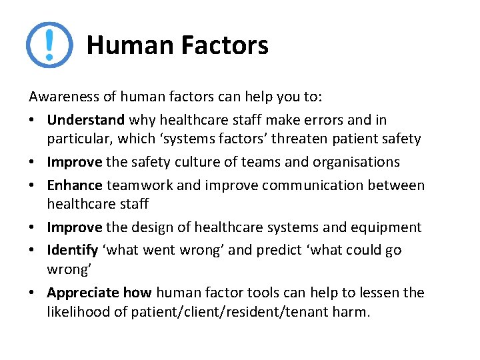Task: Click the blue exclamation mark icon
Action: tap(49, 45)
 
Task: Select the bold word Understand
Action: tap(85, 121)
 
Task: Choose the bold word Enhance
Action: tap(75, 185)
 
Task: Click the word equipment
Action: tap(387, 227)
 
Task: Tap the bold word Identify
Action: tap(71, 251)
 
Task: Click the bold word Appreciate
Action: tap(83, 293)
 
